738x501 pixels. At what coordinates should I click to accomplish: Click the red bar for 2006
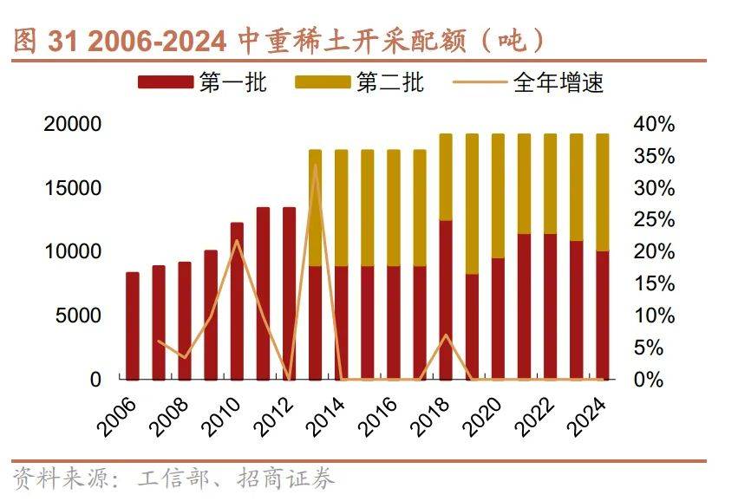(133, 326)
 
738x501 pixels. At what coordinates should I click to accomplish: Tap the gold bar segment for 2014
(342, 208)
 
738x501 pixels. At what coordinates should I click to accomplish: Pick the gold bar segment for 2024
(602, 192)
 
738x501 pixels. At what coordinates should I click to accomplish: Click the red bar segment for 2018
(446, 300)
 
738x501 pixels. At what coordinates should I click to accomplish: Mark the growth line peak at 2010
(237, 240)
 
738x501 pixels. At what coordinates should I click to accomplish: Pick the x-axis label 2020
(483, 414)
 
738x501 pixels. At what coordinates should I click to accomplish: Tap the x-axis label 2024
(587, 414)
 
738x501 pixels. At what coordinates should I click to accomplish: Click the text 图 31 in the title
(40, 40)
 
